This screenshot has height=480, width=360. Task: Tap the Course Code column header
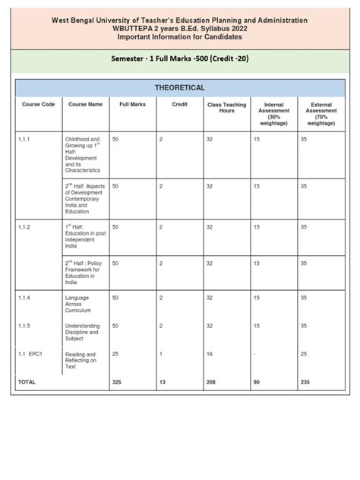[37, 104]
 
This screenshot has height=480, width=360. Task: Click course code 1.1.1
[25, 141]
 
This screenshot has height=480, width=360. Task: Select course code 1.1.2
[25, 226]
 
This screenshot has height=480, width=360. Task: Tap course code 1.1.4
[25, 298]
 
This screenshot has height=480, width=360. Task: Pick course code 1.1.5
[25, 326]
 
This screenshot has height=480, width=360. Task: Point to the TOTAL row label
[27, 382]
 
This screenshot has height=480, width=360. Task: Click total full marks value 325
[117, 382]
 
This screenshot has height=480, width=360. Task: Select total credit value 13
[163, 382]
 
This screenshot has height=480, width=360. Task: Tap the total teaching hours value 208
[212, 382]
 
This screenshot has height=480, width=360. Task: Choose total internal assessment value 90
[257, 382]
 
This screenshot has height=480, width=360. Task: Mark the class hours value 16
[210, 355]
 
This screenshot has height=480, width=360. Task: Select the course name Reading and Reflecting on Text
[80, 361]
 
